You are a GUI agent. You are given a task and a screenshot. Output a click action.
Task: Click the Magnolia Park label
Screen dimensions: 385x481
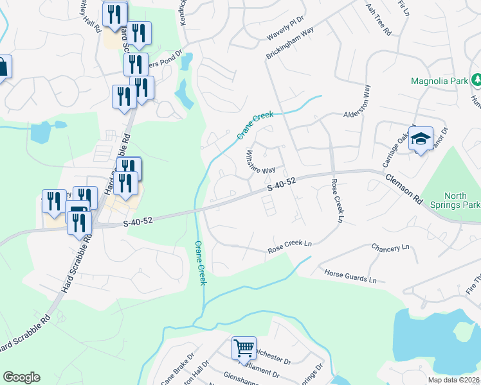point(441,82)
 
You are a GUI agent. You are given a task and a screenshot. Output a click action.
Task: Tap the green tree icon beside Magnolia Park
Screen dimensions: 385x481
point(476,80)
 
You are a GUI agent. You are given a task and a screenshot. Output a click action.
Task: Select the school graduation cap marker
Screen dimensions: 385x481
point(421,139)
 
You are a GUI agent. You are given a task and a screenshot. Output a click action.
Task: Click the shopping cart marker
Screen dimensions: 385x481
point(244,348)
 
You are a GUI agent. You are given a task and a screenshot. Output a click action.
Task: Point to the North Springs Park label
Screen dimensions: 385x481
point(462,200)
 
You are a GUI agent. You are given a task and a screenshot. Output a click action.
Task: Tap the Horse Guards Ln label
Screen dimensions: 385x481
point(350,276)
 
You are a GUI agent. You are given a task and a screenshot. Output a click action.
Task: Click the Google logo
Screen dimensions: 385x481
point(21,377)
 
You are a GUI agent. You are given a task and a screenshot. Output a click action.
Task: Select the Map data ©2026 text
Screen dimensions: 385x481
point(453,380)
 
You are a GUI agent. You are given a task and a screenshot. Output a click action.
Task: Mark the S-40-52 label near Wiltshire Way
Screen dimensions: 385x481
point(281,184)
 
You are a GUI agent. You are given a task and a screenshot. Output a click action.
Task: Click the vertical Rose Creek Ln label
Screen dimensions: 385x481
point(336,201)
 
